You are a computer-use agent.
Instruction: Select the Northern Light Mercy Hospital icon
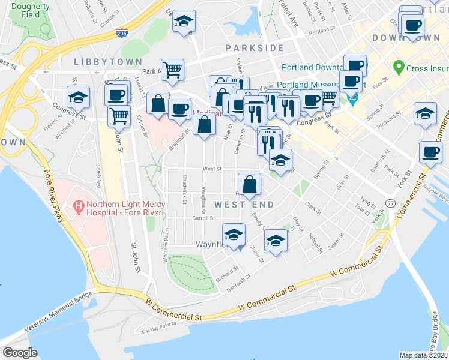[77, 207]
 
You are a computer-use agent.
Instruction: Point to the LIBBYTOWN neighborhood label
[108, 62]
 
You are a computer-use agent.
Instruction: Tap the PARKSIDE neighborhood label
[254, 47]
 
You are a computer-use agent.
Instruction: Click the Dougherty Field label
[31, 10]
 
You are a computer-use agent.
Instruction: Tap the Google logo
[20, 353]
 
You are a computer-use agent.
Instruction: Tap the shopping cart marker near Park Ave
[172, 70]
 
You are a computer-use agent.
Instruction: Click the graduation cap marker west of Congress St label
[77, 97]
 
